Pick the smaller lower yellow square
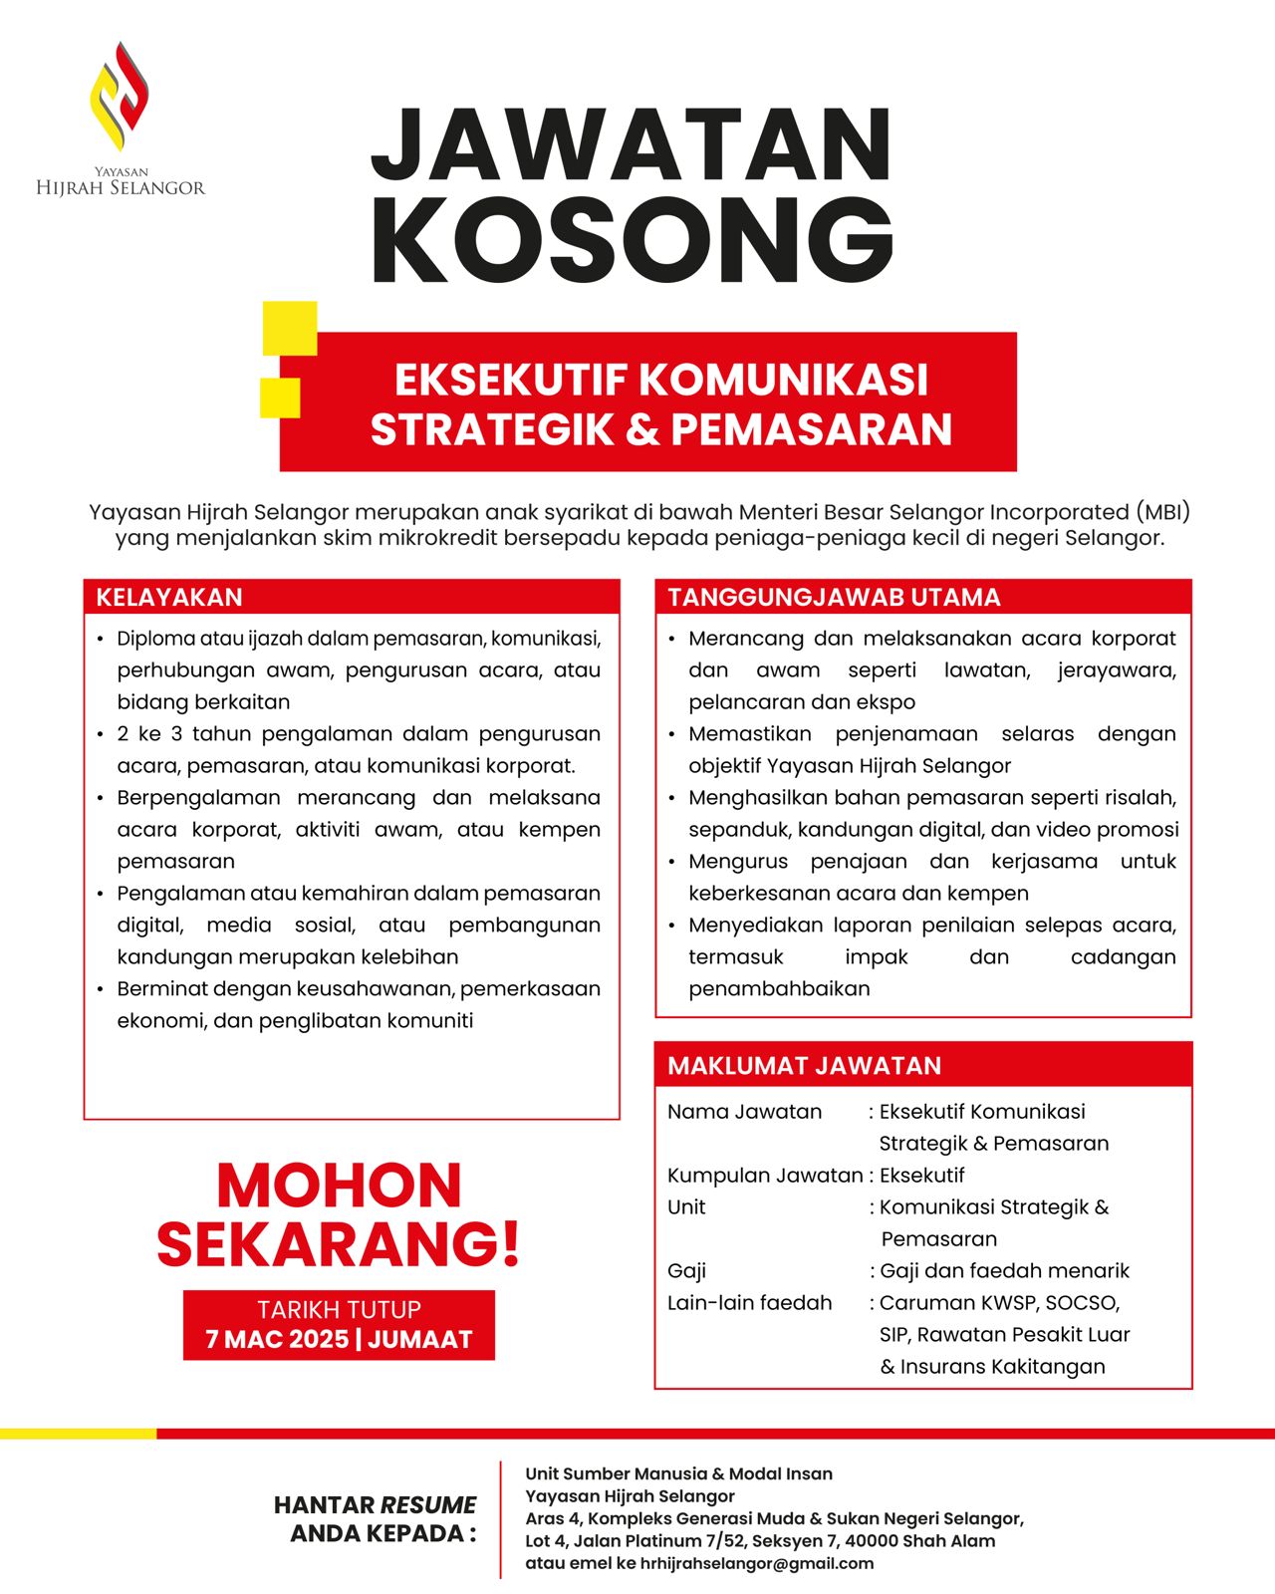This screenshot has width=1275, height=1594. (x=280, y=398)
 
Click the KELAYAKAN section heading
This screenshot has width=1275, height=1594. (x=169, y=598)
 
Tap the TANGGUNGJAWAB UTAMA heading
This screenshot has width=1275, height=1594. (x=834, y=598)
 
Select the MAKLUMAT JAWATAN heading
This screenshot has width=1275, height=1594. (x=804, y=1066)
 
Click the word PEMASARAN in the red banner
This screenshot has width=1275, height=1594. (x=812, y=429)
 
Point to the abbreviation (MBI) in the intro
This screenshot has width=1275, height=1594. (x=1161, y=512)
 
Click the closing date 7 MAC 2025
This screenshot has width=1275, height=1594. (x=277, y=1339)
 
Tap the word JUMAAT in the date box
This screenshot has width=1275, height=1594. (x=420, y=1339)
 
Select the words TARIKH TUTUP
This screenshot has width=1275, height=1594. (x=339, y=1309)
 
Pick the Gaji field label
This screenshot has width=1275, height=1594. (x=686, y=1271)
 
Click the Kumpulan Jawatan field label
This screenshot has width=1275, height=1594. (x=764, y=1176)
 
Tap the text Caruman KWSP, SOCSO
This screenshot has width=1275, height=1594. (x=999, y=1303)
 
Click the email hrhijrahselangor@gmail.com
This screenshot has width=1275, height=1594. (x=756, y=1563)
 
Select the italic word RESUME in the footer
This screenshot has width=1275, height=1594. (x=428, y=1505)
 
